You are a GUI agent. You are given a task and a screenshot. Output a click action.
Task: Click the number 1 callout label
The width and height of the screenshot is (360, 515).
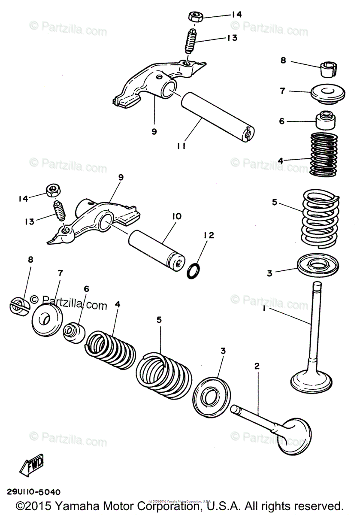click(264, 308)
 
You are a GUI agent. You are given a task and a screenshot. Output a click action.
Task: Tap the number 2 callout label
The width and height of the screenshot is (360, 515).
click(257, 366)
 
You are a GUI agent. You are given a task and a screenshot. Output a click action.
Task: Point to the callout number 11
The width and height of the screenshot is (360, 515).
click(181, 146)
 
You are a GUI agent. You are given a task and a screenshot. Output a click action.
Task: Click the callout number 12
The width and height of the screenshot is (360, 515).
click(209, 235)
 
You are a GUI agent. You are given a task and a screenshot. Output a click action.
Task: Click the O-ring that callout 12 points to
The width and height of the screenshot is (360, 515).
click(194, 270)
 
